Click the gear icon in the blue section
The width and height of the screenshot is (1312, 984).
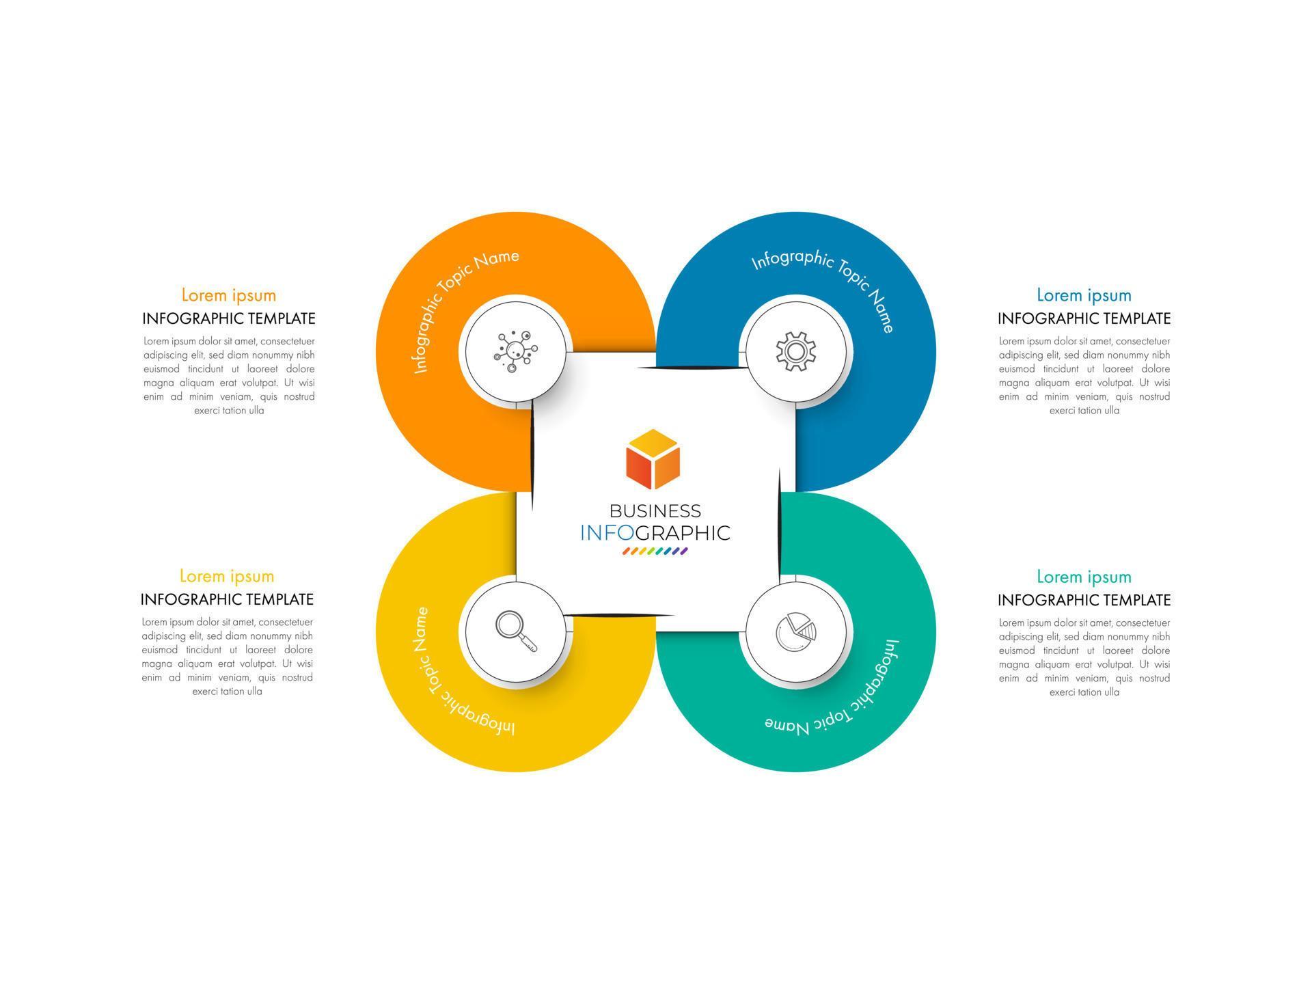pyautogui.click(x=795, y=351)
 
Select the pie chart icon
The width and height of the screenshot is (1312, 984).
pyautogui.click(x=795, y=632)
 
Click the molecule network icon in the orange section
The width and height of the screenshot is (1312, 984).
pyautogui.click(x=515, y=351)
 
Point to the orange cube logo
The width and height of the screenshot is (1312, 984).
pyautogui.click(x=653, y=459)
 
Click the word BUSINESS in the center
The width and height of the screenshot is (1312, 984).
pyautogui.click(x=655, y=511)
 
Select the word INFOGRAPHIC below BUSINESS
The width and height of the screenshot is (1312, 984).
pyautogui.click(x=655, y=533)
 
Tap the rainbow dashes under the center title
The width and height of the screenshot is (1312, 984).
pyautogui.click(x=655, y=551)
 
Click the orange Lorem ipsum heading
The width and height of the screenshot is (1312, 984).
pyautogui.click(x=229, y=295)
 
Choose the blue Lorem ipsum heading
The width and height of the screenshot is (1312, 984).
pyautogui.click(x=1084, y=295)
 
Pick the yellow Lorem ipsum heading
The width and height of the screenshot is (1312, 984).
pyautogui.click(x=227, y=576)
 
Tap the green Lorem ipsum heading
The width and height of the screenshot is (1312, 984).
pyautogui.click(x=1084, y=577)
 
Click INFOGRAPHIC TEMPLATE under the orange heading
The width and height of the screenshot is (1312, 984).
pyautogui.click(x=229, y=318)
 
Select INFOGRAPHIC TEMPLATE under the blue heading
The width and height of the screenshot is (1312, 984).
pyautogui.click(x=1084, y=318)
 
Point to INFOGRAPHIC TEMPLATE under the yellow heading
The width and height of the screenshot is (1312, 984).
pyautogui.click(x=227, y=599)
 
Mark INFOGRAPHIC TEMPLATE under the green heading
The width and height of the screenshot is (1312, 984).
pyautogui.click(x=1084, y=600)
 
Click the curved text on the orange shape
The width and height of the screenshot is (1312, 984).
pyautogui.click(x=454, y=294)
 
